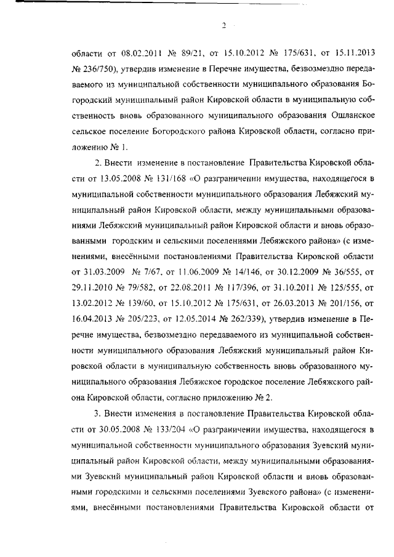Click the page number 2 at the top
point(224,25)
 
